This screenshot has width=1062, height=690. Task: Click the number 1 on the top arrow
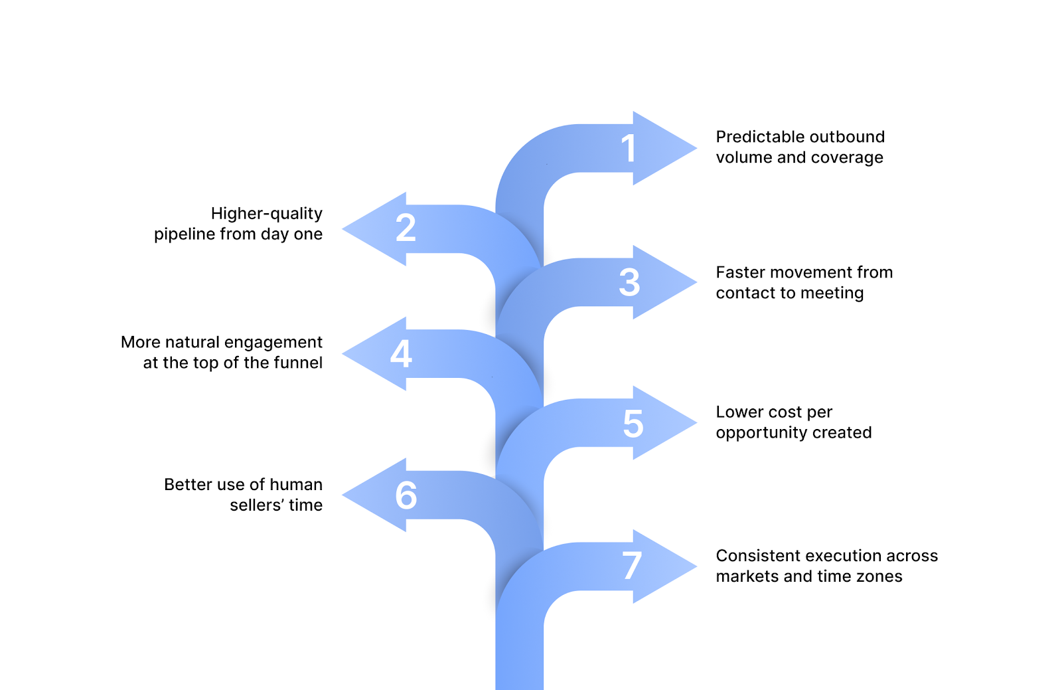click(629, 148)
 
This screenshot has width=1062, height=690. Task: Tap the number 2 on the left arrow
click(406, 228)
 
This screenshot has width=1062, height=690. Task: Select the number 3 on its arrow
click(629, 283)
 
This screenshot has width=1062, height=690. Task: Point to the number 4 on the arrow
click(401, 353)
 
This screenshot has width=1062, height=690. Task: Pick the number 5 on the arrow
click(633, 424)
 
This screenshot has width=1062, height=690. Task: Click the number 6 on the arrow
click(406, 495)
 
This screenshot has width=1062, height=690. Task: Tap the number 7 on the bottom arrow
click(632, 566)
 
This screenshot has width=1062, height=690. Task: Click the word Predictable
click(757, 137)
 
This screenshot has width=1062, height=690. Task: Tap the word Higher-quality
click(266, 214)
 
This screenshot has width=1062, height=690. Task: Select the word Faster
click(741, 272)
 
